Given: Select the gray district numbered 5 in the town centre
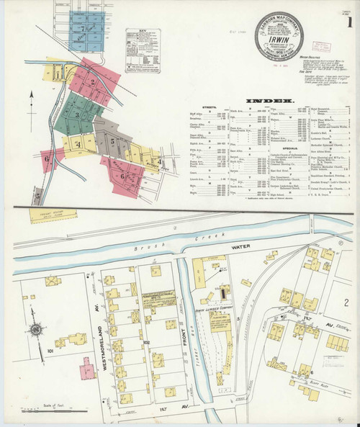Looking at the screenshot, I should pos(112,141).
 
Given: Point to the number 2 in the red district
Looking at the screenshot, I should pos(92,81).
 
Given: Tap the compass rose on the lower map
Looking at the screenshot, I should pos(35,331).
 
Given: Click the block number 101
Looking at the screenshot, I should pos(50,351).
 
